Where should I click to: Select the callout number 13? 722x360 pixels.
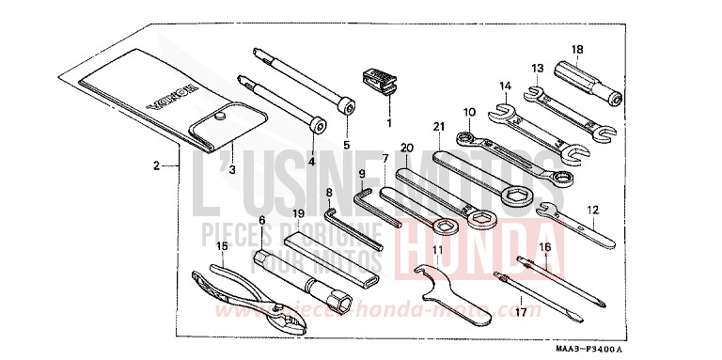point(538,68)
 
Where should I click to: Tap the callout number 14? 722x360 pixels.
point(506,86)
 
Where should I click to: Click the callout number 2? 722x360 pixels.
point(157,166)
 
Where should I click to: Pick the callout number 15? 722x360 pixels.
point(222,246)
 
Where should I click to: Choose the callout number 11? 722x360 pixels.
point(437,249)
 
